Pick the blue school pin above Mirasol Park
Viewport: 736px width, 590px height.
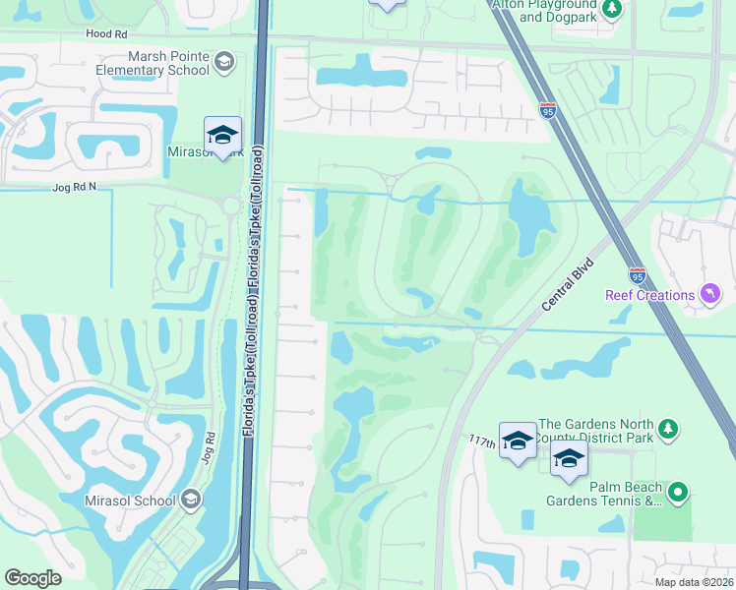223,135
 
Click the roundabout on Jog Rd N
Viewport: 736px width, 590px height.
231,206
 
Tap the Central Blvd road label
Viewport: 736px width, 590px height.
568,284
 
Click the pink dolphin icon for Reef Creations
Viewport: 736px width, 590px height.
707,294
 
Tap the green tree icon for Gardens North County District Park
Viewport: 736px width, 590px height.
668,428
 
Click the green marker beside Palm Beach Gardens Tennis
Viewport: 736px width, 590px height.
677,493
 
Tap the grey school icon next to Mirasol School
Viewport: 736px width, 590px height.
190,501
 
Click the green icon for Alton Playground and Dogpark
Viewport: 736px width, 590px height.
613,10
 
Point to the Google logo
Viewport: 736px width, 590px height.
33,577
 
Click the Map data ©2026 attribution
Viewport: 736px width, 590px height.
693,582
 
